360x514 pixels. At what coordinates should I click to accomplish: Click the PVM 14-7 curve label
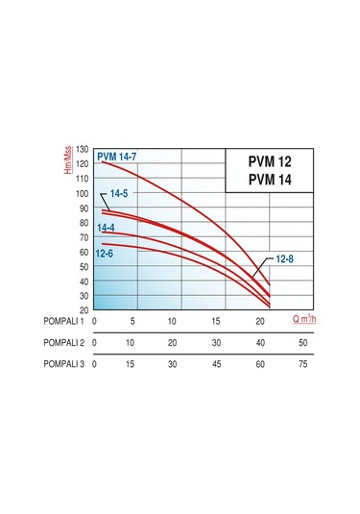[x=117, y=154]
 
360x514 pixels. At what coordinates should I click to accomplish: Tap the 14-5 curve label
[x=119, y=194]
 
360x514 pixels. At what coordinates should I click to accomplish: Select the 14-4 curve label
[x=107, y=227]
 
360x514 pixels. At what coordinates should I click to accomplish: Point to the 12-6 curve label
[x=106, y=253]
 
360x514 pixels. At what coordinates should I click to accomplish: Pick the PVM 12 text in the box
[x=259, y=160]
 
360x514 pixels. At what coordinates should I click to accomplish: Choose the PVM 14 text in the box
[x=259, y=179]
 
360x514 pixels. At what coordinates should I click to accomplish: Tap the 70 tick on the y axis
[x=84, y=238]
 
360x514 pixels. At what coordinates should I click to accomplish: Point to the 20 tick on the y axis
[x=84, y=310]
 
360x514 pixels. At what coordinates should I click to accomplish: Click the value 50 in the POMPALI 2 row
[x=303, y=343]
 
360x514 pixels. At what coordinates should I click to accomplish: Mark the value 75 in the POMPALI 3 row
[x=303, y=365]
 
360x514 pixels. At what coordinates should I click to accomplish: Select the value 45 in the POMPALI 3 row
[x=216, y=365]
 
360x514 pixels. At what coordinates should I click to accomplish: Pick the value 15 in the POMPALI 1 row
[x=216, y=321]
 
